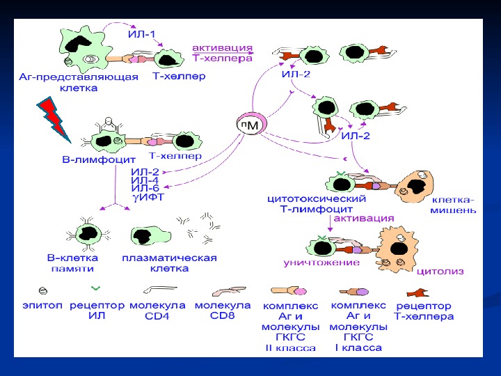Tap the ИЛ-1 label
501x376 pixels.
[x=142, y=33]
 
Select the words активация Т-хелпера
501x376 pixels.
[x=222, y=54]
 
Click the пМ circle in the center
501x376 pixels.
[x=248, y=125]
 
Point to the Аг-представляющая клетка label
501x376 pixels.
[x=79, y=82]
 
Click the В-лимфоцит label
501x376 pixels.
[x=87, y=161]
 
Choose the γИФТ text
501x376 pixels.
[x=148, y=197]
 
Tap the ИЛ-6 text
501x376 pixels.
[x=145, y=188]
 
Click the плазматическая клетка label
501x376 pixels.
[x=170, y=263]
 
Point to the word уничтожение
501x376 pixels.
[x=321, y=263]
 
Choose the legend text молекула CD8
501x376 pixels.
[x=222, y=310]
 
